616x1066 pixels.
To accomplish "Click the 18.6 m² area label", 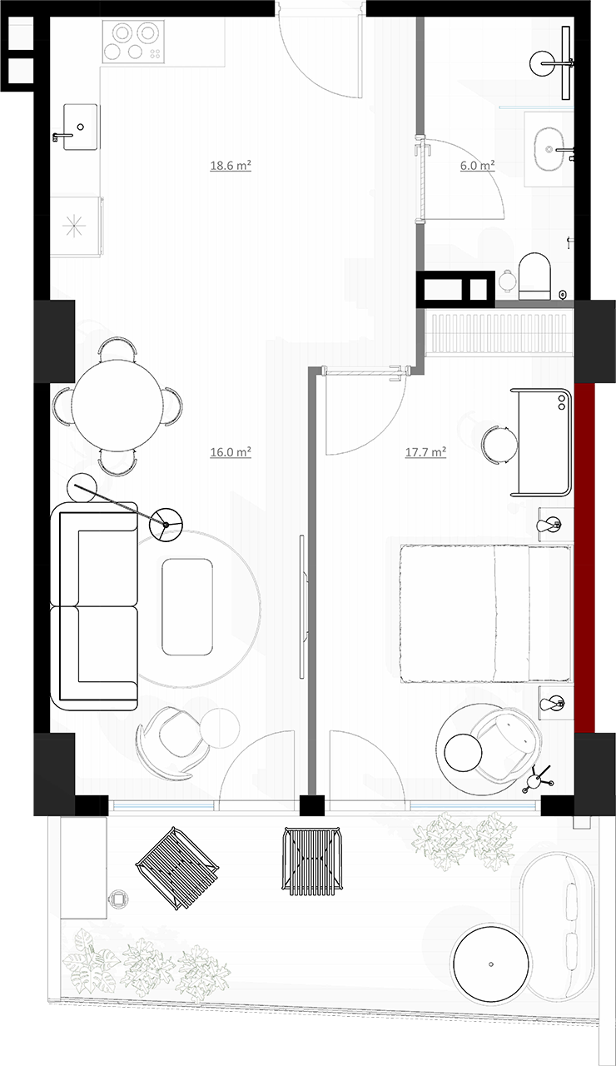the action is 231,166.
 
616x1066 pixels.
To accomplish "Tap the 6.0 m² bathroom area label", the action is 477,166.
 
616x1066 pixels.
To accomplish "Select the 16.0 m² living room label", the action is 231,451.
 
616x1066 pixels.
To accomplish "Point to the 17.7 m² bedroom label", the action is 425,451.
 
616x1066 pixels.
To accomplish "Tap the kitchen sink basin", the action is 81,127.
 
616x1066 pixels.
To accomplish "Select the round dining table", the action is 117,406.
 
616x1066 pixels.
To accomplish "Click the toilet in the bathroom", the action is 534,276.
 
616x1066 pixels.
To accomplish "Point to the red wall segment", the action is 584,557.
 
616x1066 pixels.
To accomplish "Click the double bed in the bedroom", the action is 485,614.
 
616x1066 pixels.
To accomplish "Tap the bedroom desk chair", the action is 499,445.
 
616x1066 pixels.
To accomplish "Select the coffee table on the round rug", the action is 187,606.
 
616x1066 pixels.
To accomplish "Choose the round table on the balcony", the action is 491,965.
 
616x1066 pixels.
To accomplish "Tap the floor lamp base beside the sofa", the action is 165,525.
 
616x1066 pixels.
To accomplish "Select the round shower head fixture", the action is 543,64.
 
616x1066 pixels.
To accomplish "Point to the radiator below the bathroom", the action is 499,332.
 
